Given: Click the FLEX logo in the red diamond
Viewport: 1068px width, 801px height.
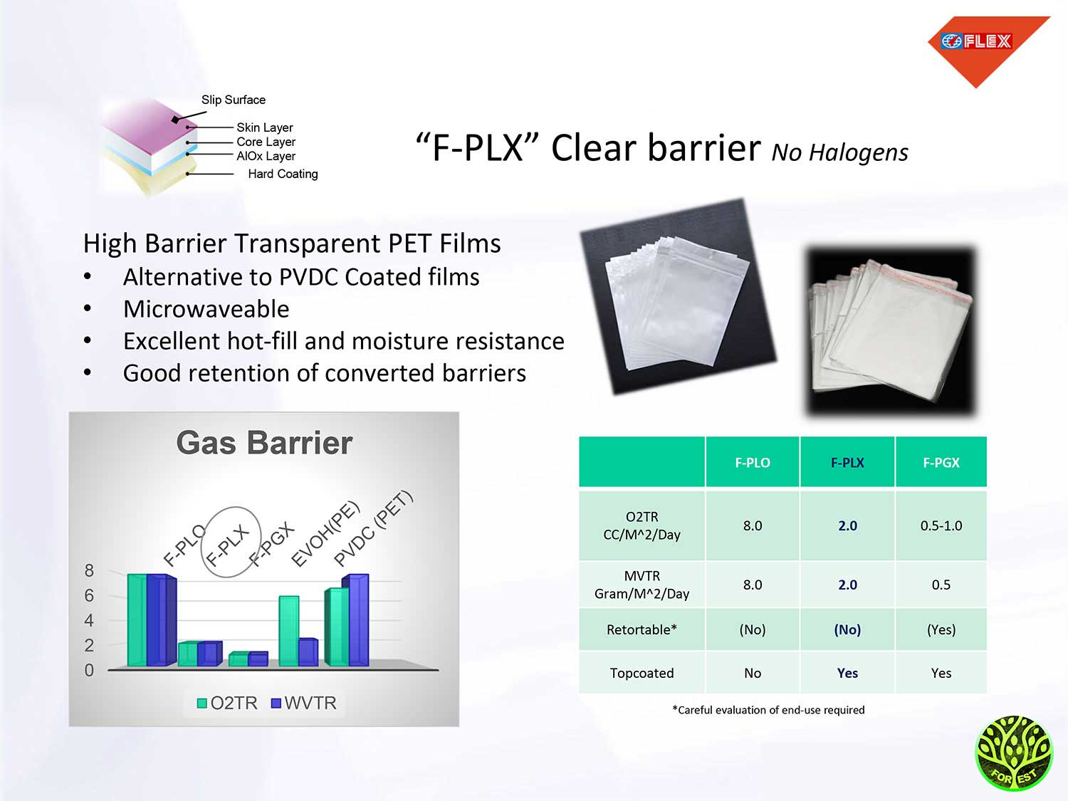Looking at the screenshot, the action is point(976,41).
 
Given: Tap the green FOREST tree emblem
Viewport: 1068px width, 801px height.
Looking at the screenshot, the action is point(1014,753).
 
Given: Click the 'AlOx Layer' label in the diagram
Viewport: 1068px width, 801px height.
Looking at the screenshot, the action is point(266,156).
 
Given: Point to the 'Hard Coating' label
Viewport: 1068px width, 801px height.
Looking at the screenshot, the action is point(283,174).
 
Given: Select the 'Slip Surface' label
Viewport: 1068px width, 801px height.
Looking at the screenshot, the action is point(234,100).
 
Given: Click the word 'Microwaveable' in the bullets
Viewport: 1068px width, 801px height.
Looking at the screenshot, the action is point(206,309).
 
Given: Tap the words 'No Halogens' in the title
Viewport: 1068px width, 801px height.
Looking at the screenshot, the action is point(839,152).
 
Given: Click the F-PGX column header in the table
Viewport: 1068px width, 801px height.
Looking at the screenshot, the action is point(941,463).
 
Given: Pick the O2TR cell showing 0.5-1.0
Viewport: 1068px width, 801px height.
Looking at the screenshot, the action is point(941,525).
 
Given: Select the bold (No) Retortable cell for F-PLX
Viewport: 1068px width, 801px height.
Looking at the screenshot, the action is point(847,630).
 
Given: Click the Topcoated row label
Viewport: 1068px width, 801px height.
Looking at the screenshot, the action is point(642,673).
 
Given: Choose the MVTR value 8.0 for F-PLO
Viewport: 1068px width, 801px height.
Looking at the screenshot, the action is point(752,585).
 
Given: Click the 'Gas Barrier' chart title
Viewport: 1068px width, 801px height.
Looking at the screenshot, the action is point(264,443).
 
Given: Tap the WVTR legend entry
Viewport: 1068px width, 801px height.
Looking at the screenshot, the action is point(304,703).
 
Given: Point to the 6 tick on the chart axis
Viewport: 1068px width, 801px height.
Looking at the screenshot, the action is point(88,595).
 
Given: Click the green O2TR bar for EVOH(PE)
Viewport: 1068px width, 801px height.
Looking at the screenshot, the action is point(289,631).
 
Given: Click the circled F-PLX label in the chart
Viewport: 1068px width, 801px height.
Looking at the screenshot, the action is point(227,545).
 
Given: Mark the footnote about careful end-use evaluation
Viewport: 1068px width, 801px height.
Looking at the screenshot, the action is point(768,710).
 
